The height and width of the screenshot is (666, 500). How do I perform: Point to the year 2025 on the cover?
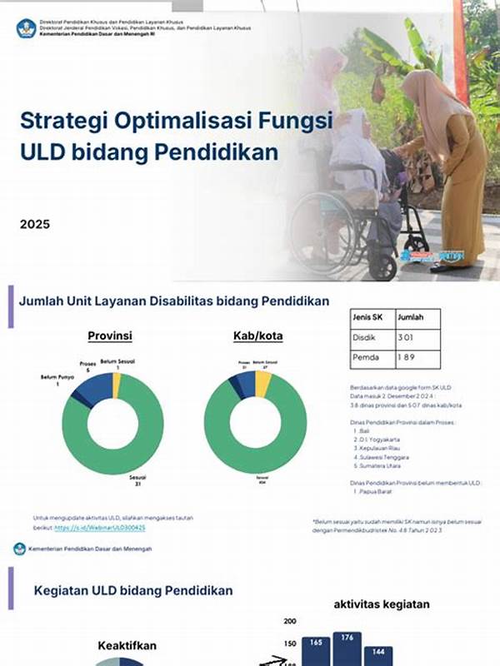[35, 224]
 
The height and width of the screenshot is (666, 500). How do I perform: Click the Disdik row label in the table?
[367, 337]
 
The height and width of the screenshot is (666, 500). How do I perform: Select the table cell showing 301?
[407, 337]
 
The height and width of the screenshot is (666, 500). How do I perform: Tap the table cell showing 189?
[407, 357]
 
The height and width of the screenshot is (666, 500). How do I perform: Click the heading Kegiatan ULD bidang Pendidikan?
[133, 589]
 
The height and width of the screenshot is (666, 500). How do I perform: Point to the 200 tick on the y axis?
[290, 621]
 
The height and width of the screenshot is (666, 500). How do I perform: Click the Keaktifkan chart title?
[127, 645]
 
